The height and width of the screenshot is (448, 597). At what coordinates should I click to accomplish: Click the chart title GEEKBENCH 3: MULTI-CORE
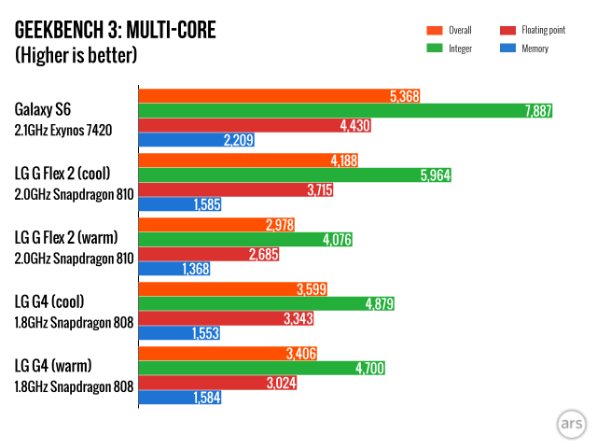[115, 31]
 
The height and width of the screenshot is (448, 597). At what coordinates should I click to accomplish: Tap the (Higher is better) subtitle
[76, 55]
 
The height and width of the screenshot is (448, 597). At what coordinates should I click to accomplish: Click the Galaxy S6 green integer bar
[345, 110]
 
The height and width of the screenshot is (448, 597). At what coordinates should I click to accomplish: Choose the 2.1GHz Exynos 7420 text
[62, 130]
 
